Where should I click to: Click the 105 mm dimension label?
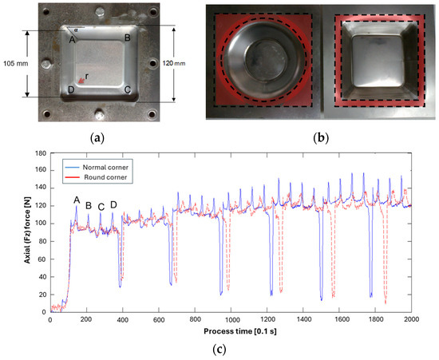point(15,63)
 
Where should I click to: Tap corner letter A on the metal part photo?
point(72,39)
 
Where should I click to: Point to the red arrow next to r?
point(80,79)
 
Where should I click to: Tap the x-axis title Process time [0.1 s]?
point(230,330)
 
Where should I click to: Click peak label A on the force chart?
point(77,200)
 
